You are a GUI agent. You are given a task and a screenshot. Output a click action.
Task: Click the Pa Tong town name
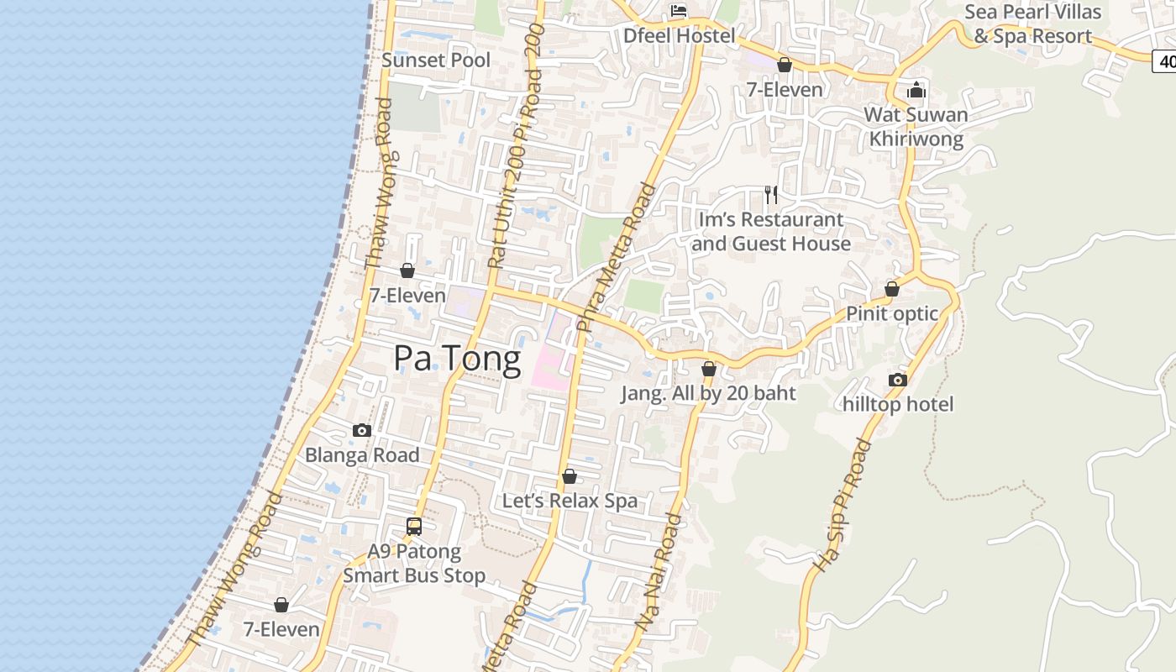[457, 359]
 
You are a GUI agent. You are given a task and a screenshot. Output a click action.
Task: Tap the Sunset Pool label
[436, 60]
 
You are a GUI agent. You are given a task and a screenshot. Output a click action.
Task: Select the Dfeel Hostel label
[679, 35]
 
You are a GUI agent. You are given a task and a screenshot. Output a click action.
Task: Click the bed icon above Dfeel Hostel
[679, 11]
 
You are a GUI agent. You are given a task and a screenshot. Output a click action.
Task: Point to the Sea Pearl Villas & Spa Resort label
[1032, 24]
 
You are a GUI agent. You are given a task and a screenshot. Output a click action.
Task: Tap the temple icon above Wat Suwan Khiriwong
[916, 90]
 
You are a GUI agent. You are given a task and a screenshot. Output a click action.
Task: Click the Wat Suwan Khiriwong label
[916, 127]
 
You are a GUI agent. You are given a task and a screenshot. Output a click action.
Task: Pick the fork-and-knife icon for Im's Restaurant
[771, 195]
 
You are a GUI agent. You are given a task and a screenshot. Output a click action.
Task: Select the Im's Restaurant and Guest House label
[771, 232]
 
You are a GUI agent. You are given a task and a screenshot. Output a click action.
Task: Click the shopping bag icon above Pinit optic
[892, 289]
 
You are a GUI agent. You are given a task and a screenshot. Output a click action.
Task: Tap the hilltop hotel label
[898, 405]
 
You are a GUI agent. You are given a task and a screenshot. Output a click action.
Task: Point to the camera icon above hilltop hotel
[898, 380]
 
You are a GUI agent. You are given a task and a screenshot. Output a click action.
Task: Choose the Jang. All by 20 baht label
[708, 393]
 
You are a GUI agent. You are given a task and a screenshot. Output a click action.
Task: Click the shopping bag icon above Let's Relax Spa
[570, 476]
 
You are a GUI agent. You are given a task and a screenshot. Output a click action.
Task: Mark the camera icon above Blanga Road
[362, 430]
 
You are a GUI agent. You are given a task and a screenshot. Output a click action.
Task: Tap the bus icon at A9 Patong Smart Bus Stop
[414, 527]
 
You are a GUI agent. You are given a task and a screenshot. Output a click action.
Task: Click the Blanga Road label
[362, 455]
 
